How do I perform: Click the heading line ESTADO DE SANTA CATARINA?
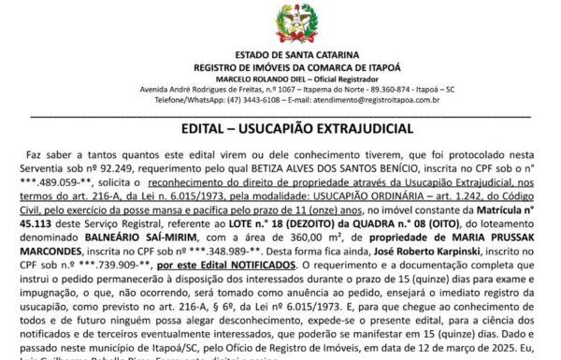(280, 57)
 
